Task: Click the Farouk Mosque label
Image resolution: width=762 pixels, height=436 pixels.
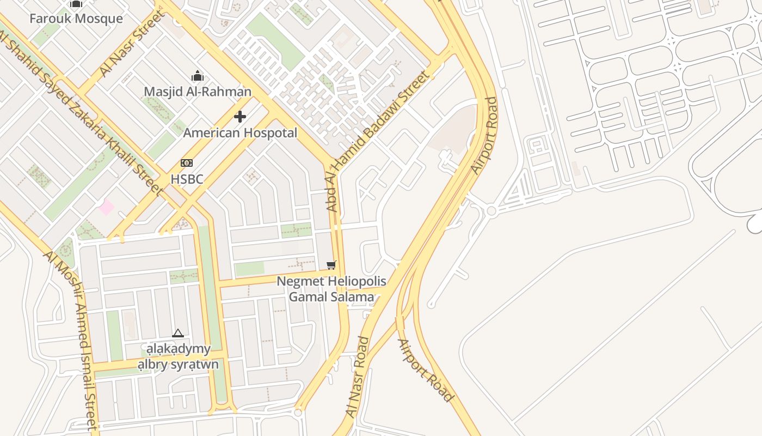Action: [x=76, y=19]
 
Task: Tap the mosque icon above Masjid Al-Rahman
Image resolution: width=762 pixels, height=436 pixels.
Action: [x=198, y=76]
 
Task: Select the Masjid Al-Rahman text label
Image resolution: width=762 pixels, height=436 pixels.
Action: [x=198, y=92]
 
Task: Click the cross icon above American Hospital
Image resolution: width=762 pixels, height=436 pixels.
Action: [x=240, y=117]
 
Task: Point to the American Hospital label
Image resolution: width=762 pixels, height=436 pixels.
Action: [x=240, y=133]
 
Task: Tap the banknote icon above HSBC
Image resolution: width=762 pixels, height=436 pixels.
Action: [x=187, y=163]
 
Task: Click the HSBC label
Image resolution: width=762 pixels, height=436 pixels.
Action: [x=187, y=179]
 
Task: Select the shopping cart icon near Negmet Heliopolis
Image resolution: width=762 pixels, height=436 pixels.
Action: [x=331, y=265]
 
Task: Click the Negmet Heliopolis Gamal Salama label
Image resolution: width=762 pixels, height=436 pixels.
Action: [x=331, y=289]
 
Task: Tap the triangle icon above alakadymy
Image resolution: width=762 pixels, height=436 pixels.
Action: [x=178, y=333]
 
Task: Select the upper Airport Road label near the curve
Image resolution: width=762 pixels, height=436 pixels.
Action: [x=484, y=136]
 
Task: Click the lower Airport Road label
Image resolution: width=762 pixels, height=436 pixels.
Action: [x=425, y=371]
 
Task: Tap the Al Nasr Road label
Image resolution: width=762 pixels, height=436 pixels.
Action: [x=358, y=377]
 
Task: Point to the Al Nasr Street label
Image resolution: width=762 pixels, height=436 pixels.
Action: [x=132, y=44]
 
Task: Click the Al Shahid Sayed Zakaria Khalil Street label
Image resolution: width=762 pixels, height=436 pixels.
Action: [x=82, y=112]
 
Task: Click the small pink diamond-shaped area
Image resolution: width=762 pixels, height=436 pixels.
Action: [x=107, y=207]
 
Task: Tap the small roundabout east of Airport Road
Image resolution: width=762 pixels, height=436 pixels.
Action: [x=491, y=211]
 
